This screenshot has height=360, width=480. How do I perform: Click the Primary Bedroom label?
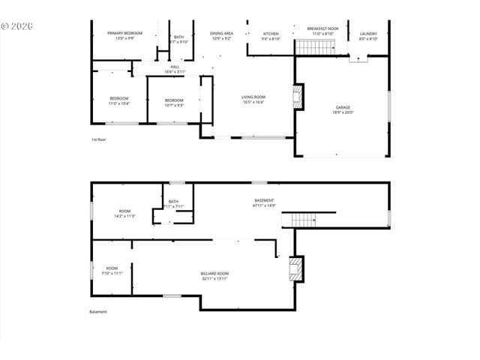(125, 34)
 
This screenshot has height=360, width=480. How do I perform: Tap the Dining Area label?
(222, 34)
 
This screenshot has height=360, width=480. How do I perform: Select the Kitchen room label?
(271, 34)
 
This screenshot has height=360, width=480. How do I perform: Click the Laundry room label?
(368, 34)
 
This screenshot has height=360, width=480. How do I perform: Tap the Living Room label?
(253, 98)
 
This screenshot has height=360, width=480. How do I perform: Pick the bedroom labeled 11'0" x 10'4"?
(119, 100)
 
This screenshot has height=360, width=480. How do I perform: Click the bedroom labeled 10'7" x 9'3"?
(174, 102)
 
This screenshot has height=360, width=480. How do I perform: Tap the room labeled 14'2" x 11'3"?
(124, 213)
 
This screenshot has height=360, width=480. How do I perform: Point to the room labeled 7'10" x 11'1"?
(112, 270)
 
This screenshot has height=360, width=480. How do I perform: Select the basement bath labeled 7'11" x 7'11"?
(173, 203)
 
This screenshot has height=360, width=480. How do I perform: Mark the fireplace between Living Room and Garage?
(298, 97)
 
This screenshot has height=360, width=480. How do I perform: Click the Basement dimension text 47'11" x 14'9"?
(263, 205)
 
